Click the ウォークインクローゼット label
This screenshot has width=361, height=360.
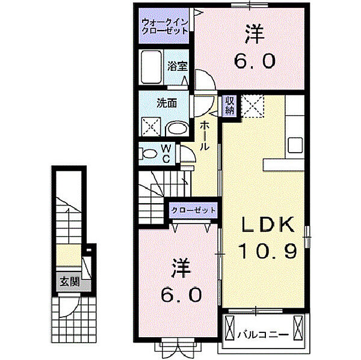pyautogui.click(x=165, y=26)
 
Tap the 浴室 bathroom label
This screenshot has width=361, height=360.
pyautogui.click(x=177, y=66)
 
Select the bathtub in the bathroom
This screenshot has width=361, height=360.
pyautogui.click(x=151, y=67)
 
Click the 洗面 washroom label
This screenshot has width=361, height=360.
pyautogui.click(x=167, y=103)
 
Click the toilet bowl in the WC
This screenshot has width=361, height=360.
pyautogui.click(x=149, y=153)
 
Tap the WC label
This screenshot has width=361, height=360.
pyautogui.click(x=166, y=153)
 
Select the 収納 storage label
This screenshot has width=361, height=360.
pyautogui.click(x=230, y=106)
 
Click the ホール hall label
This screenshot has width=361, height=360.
pyautogui.click(x=205, y=136)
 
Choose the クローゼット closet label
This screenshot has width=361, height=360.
pyautogui.click(x=193, y=210)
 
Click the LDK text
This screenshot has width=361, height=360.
pyautogui.click(x=268, y=224)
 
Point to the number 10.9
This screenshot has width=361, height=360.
pyautogui.click(x=267, y=251)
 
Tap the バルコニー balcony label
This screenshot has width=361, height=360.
pyautogui.click(x=263, y=334)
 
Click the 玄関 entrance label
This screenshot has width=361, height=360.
pyautogui.click(x=70, y=281)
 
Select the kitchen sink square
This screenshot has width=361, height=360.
pyautogui.click(x=295, y=145)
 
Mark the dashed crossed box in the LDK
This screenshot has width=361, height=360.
pyautogui.click(x=252, y=106)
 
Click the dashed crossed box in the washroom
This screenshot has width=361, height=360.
pyautogui.click(x=151, y=126)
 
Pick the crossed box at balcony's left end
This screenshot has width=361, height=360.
pyautogui.click(x=229, y=328)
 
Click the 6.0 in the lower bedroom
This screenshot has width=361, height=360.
pyautogui.click(x=181, y=295)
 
